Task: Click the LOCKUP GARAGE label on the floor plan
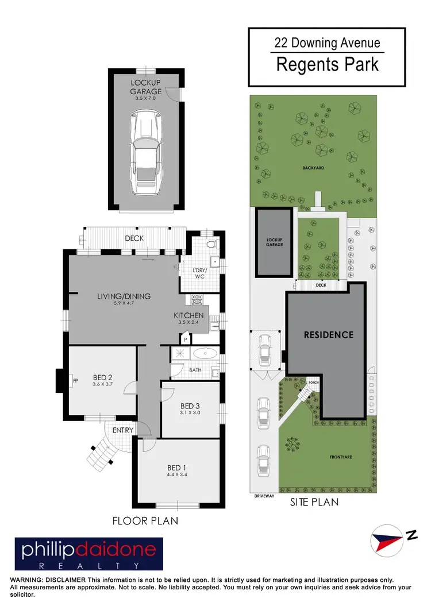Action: (x=145, y=87)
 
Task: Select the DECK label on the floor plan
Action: (x=134, y=238)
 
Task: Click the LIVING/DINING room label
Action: (x=124, y=296)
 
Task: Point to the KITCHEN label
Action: (x=189, y=315)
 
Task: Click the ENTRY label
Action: (x=123, y=430)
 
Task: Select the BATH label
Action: (x=195, y=370)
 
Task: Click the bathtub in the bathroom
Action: (x=203, y=354)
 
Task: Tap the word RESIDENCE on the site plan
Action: (x=328, y=334)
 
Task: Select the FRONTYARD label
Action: (x=341, y=457)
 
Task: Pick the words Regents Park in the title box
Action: (x=328, y=64)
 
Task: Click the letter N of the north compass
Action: (x=411, y=535)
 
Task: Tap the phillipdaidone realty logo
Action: (x=89, y=554)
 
